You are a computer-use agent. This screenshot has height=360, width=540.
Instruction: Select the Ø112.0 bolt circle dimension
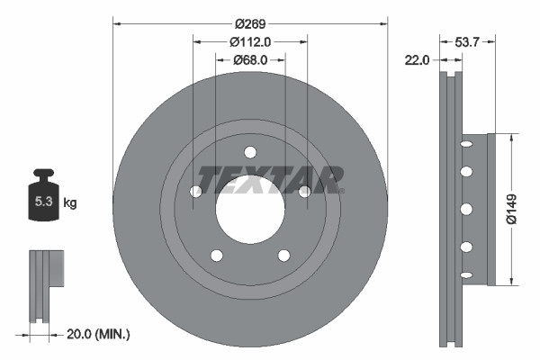point(250,41)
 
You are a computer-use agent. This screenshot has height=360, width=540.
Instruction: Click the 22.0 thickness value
point(417,59)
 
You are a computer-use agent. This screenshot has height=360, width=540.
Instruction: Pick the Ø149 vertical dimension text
point(510,209)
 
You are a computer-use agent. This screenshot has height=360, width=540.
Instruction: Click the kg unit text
point(70,203)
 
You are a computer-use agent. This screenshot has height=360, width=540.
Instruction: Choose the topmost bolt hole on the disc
point(250,151)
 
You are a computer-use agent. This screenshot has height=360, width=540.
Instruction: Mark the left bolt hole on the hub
point(195,191)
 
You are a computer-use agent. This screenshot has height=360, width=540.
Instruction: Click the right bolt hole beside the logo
point(304,191)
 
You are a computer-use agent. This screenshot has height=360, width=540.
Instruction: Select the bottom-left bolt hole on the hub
point(216,256)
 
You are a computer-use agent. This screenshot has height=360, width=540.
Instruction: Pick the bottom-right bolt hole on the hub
point(283,256)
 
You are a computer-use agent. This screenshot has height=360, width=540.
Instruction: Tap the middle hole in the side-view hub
point(466,209)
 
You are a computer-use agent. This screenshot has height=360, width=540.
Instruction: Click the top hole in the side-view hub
point(466,142)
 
